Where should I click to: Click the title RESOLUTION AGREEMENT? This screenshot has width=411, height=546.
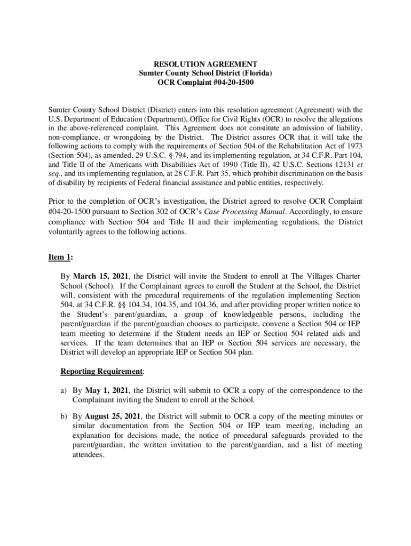coord(205,63)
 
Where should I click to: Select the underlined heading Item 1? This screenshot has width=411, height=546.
coord(59,258)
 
